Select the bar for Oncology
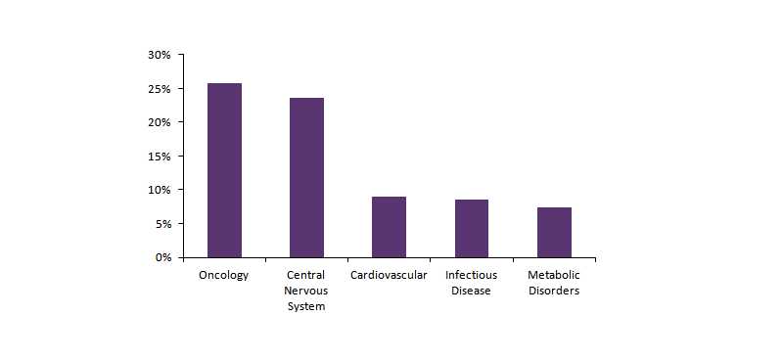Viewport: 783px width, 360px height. [x=224, y=170]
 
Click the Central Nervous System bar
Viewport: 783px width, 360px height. [x=306, y=177]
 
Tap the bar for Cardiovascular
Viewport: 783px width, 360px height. [x=389, y=227]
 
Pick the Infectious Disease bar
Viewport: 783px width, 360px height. [x=471, y=228]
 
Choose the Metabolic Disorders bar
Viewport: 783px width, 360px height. [x=554, y=232]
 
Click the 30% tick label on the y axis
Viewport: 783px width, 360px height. [x=160, y=55]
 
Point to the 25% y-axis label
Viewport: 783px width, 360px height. [x=160, y=89]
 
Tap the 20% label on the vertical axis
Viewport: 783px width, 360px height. [x=160, y=122]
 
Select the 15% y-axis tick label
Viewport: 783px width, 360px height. [x=160, y=157]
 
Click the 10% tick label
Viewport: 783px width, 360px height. [x=160, y=190]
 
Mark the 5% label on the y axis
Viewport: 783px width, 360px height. [x=162, y=224]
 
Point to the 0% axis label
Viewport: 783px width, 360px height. [x=162, y=257]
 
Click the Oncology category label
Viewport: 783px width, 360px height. [x=224, y=275]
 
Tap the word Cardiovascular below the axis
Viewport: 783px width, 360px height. [x=389, y=275]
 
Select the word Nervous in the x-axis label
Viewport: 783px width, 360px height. [x=306, y=291]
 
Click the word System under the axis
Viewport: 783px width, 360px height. [x=306, y=306]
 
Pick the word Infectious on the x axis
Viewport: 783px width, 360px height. [x=471, y=275]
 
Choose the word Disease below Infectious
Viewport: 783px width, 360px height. [x=471, y=291]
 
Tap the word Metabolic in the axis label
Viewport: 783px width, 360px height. [x=554, y=275]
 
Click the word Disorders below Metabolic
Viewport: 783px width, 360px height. [x=554, y=291]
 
